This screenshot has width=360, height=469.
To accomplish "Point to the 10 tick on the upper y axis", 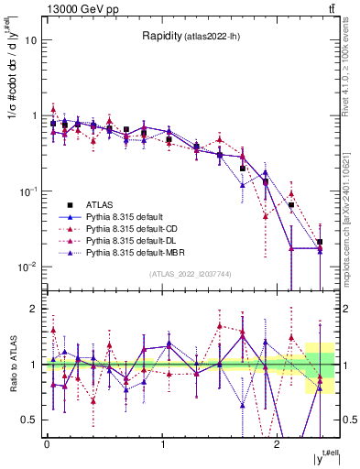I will [x=31, y=40].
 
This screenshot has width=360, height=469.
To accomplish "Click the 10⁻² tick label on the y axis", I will [x=27, y=267].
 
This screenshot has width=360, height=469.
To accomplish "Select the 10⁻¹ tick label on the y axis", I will [x=27, y=191].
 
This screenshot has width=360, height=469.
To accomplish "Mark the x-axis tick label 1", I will [x=163, y=444].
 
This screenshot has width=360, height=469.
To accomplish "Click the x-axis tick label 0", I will [x=47, y=444].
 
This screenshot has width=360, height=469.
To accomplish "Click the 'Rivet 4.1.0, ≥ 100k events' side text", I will [x=349, y=65].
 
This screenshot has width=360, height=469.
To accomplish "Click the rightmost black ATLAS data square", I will [x=319, y=242].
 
